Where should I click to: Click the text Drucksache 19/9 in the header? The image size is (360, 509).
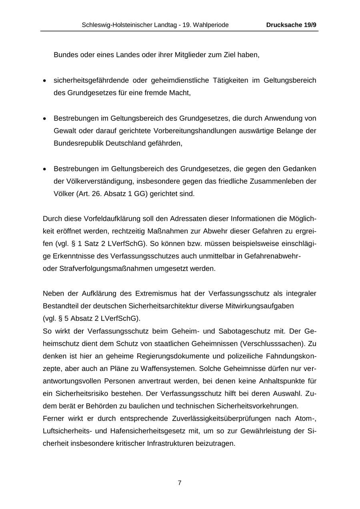point(291,25)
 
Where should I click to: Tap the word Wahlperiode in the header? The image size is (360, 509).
point(211,25)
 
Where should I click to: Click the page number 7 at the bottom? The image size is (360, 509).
point(180,483)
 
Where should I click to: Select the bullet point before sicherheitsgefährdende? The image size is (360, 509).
point(45,81)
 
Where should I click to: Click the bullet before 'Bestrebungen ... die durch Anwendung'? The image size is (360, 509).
point(45,119)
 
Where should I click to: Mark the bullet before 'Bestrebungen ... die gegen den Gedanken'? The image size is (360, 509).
point(45,169)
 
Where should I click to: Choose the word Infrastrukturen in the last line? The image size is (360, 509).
point(177,443)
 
